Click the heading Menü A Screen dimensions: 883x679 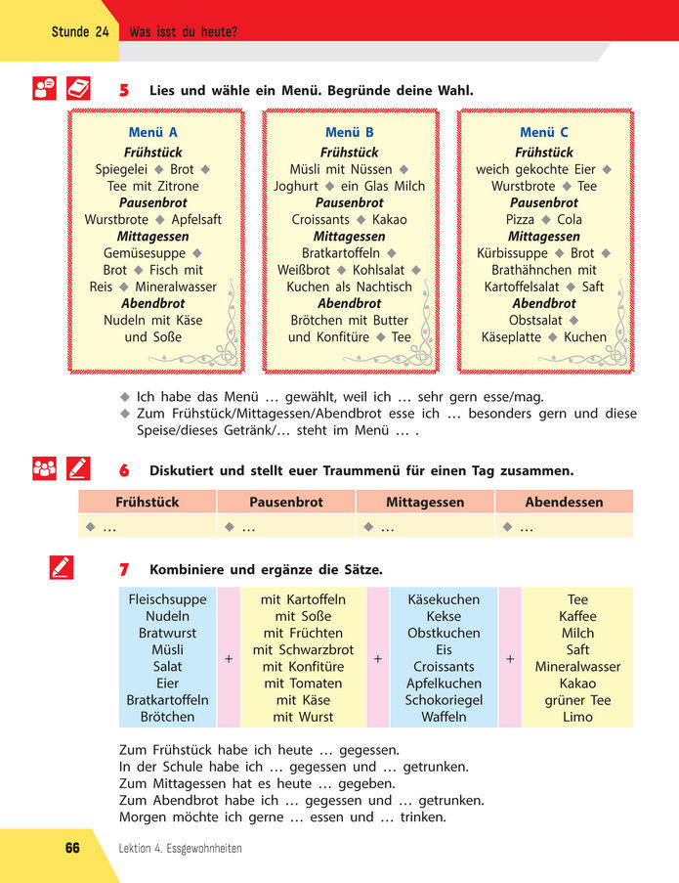[153, 133]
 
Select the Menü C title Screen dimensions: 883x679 [544, 133]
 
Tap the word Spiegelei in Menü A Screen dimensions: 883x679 [121, 169]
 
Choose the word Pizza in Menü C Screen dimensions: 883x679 [520, 220]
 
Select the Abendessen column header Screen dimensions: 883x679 [564, 503]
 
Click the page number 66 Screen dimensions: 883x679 [72, 848]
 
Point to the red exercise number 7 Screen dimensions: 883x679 [124, 570]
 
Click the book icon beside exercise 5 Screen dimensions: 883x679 [78, 89]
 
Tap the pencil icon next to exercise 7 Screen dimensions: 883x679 [61, 567]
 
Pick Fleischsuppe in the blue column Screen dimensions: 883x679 [167, 599]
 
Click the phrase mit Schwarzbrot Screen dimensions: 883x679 [303, 650]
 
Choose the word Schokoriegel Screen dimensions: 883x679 [444, 700]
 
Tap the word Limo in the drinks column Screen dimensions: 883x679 [577, 717]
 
